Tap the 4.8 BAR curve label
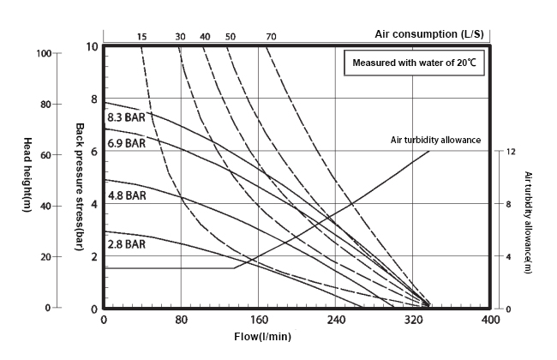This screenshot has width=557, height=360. click(x=127, y=195)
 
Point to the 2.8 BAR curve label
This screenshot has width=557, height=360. click(x=127, y=245)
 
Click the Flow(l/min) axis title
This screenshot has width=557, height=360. click(x=262, y=336)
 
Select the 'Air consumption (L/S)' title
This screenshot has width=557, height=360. click(x=431, y=33)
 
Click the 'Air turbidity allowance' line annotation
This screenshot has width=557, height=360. click(x=435, y=139)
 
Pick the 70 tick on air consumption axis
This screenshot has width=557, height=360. click(x=271, y=36)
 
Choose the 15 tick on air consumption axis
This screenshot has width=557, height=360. click(x=142, y=36)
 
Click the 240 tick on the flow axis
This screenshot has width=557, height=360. click(x=336, y=321)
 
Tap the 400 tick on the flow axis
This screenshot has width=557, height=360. click(x=490, y=321)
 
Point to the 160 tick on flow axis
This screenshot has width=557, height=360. click(x=259, y=321)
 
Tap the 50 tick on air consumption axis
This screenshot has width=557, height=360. click(x=231, y=36)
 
